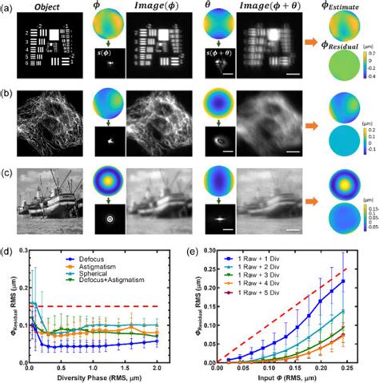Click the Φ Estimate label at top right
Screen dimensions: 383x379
click(349, 7)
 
